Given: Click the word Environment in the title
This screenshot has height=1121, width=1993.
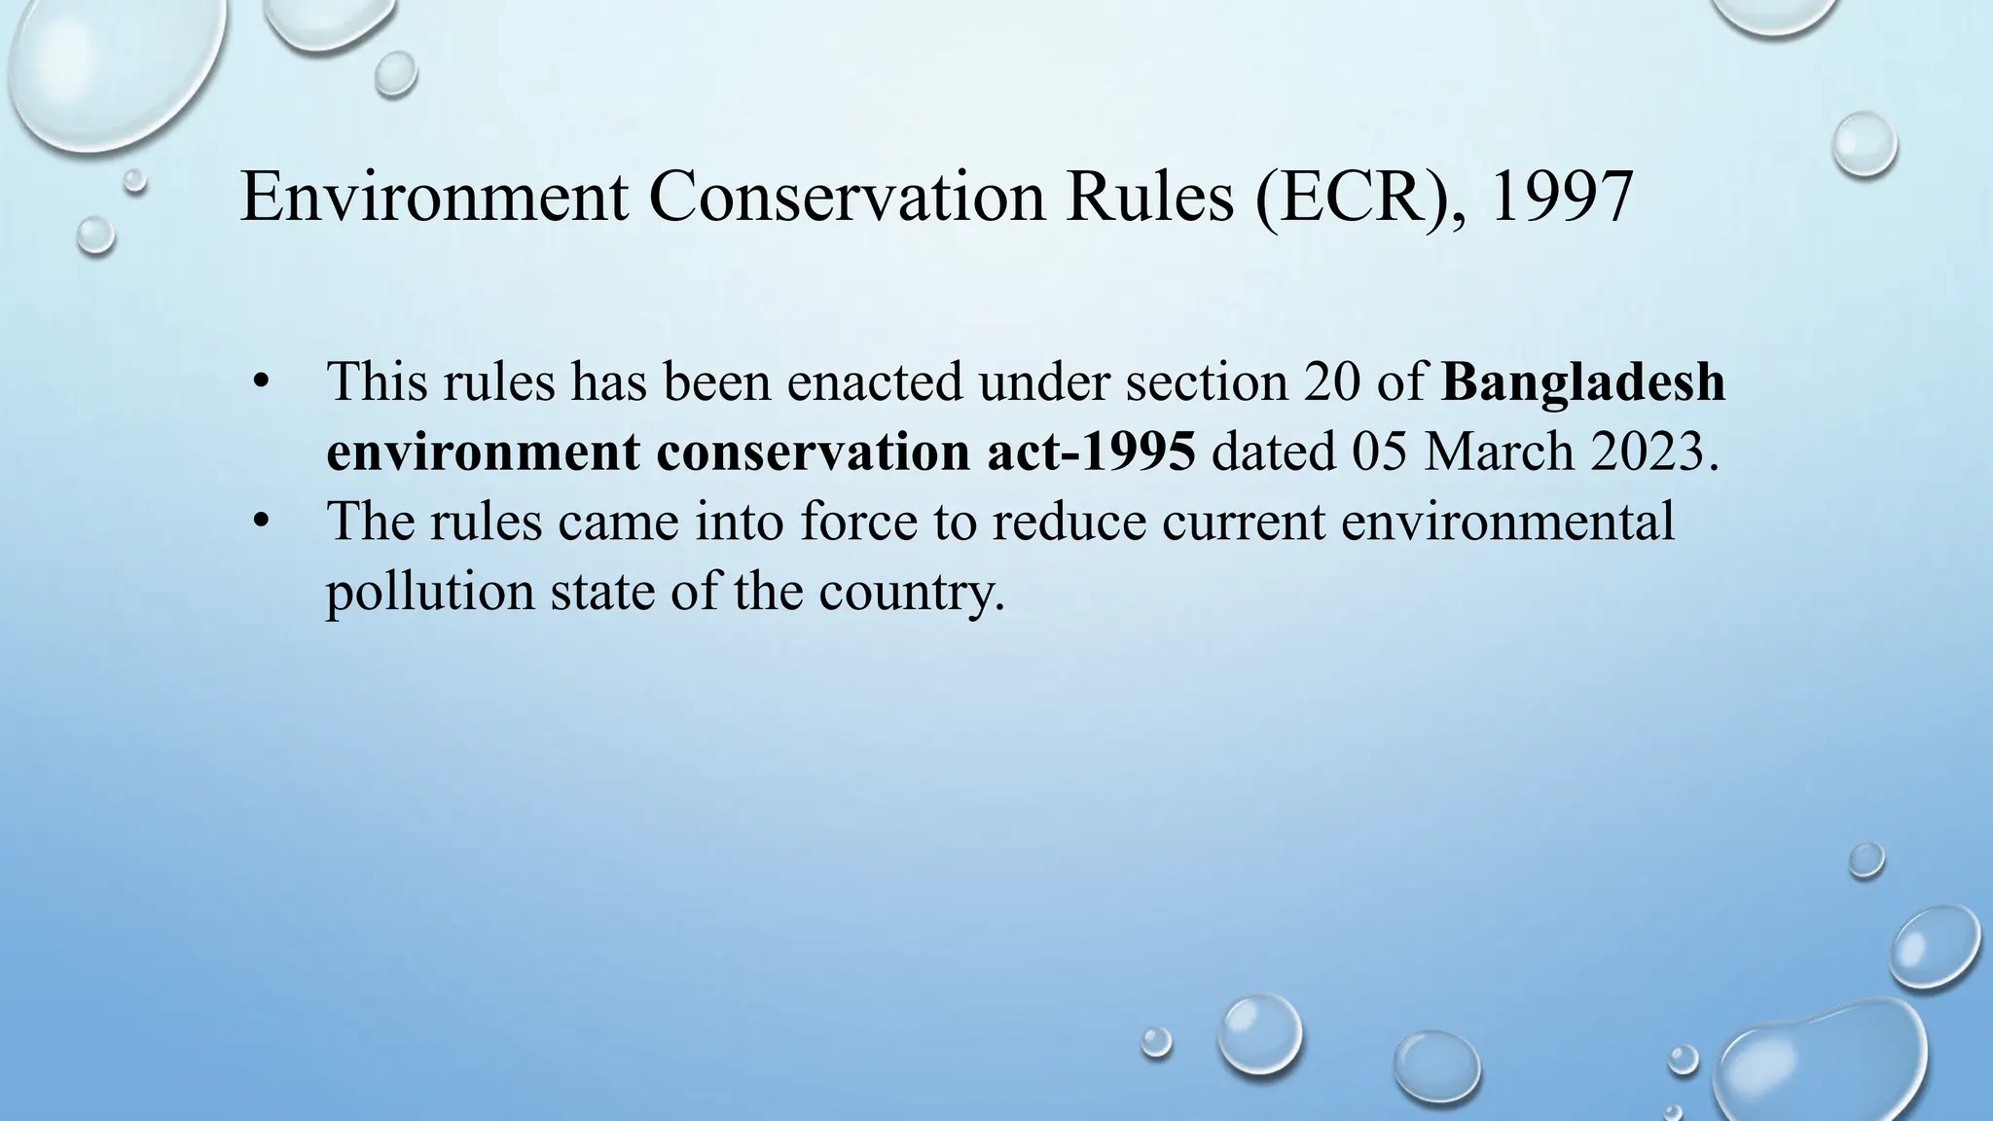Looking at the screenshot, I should pos(434,197).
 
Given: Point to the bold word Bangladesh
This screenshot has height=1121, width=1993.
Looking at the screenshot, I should pos(1583,382).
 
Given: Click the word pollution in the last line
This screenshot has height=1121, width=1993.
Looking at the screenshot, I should pos(429,592).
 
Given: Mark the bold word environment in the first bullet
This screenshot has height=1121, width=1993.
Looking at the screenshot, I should pos(482,452).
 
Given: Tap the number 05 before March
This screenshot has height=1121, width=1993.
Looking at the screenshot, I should pos(1379,452).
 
